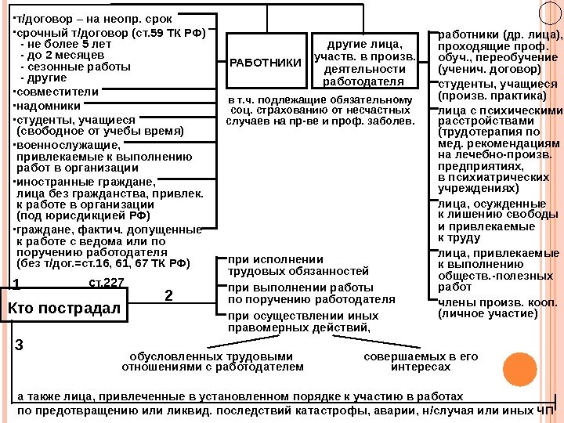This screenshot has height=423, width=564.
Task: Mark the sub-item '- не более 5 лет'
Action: [63, 45]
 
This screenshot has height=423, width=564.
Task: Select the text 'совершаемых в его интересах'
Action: [421, 361]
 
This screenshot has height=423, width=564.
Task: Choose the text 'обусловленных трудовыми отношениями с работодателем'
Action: [216, 361]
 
